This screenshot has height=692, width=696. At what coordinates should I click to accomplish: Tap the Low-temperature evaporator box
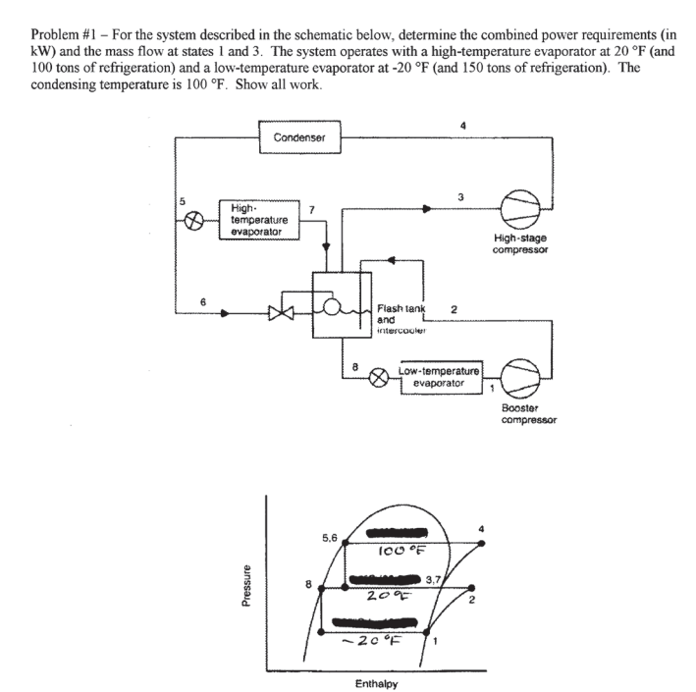pyautogui.click(x=439, y=378)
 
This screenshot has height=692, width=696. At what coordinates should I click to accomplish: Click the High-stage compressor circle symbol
pyautogui.click(x=521, y=208)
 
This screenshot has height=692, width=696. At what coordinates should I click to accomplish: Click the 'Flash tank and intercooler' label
pyautogui.click(x=401, y=319)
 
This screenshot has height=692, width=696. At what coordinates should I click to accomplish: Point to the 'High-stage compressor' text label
pyautogui.click(x=521, y=244)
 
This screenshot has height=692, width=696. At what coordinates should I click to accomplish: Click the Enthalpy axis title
pyautogui.click(x=377, y=681)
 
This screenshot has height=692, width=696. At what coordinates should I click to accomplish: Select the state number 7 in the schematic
pyautogui.click(x=311, y=208)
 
